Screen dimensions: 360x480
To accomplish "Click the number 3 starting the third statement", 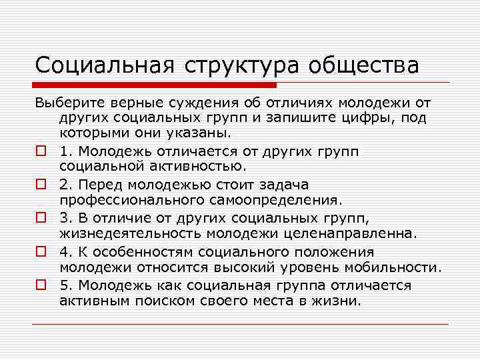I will click(63, 218).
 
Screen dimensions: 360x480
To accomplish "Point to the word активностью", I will click(203, 166).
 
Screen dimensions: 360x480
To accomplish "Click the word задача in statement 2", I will click(281, 184).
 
